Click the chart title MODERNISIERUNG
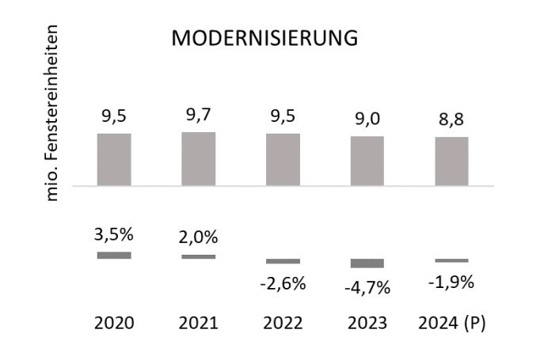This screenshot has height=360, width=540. (266, 39)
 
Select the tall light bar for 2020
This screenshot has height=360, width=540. (114, 159)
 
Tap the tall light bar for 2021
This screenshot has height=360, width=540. (199, 158)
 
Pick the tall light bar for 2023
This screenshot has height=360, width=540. (367, 161)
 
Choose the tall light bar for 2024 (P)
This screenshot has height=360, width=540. (451, 161)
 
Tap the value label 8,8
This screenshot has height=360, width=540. (451, 120)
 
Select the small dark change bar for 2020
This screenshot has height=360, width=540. (114, 255)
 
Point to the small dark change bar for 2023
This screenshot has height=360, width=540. (367, 263)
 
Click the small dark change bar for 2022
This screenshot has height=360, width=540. (283, 261)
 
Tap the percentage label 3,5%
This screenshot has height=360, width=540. (114, 234)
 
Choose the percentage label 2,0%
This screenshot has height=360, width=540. (199, 237)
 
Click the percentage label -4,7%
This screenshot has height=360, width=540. (367, 287)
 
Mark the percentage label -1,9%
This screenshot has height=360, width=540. (451, 282)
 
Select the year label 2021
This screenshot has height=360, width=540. (199, 324)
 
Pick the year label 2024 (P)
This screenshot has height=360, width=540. (451, 324)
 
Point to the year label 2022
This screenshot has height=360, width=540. (283, 324)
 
